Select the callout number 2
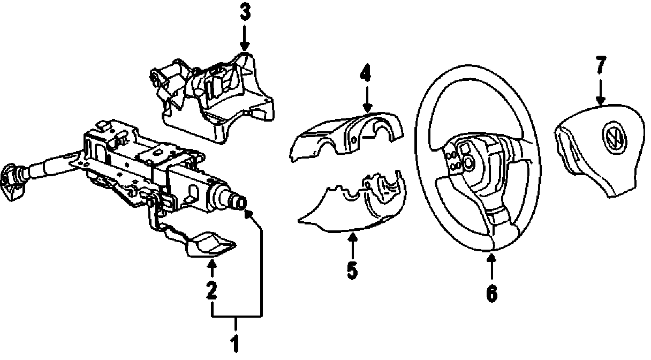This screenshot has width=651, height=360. [x=212, y=290]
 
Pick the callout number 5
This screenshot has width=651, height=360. [x=352, y=269]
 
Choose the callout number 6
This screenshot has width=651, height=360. [x=491, y=292]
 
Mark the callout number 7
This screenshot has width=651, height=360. [x=600, y=65]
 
